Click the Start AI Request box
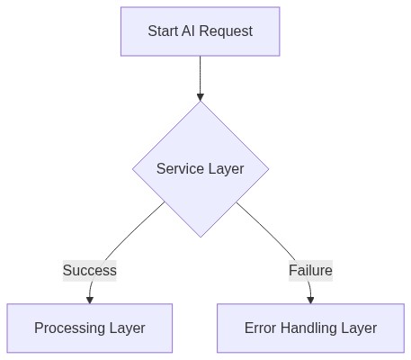tap(200, 31)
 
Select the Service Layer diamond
tap(200, 168)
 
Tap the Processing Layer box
tap(90, 328)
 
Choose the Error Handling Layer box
tap(310, 328)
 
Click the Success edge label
tap(89, 270)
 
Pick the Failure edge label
tap(310, 270)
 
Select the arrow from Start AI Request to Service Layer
tap(200, 77)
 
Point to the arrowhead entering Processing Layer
tap(90, 299)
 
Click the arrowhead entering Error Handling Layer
tap(310, 299)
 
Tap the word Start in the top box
tap(163, 31)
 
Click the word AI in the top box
tap(189, 31)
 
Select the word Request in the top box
tap(226, 31)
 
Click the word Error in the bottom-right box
tap(261, 328)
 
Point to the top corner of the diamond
tap(200, 102)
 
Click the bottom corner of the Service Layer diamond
tap(200, 236)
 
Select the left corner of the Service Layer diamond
tap(133, 168)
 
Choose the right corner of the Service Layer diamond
tap(267, 168)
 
